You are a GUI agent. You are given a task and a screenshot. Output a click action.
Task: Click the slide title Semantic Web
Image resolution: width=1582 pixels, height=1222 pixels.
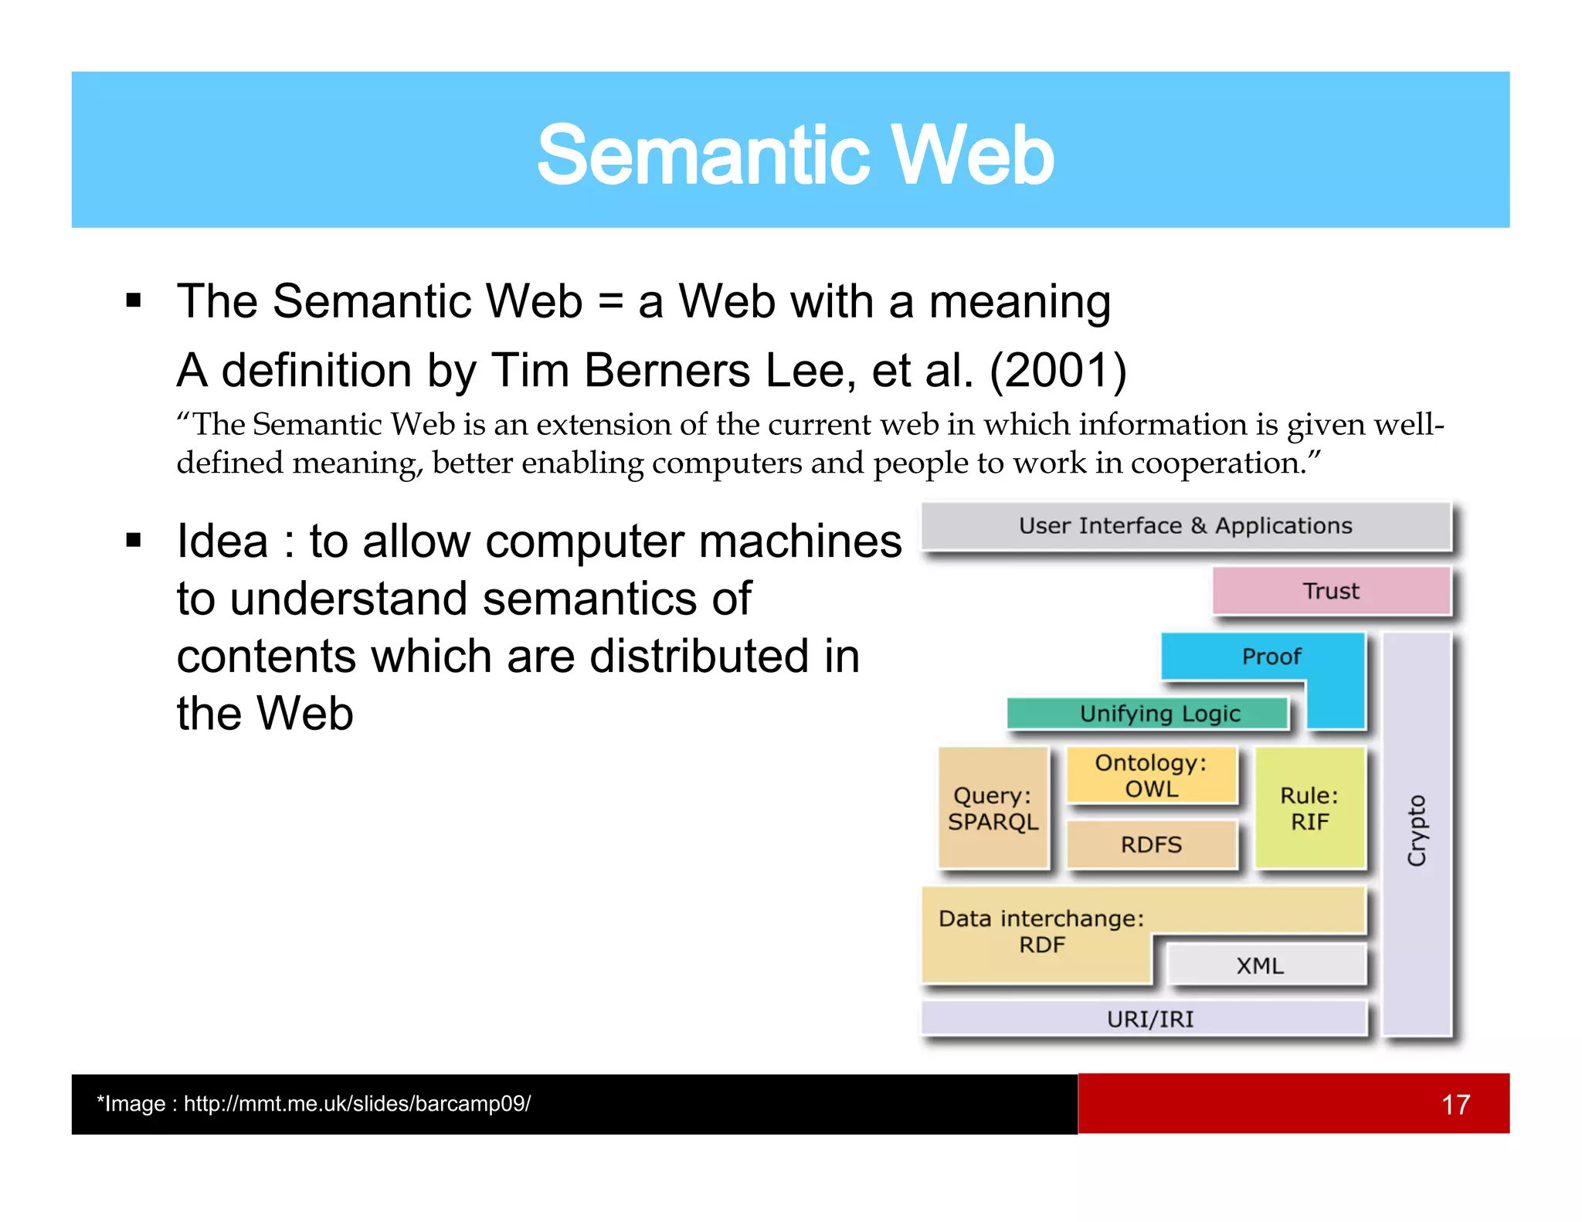pos(795,155)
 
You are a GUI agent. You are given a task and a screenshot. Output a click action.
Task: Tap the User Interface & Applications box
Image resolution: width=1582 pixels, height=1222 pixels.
pos(1186,526)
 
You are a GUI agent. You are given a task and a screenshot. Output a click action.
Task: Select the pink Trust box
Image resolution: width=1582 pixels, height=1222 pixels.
pos(1330,591)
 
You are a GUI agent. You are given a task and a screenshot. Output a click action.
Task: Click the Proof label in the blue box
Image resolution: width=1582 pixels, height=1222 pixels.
pos(1271,657)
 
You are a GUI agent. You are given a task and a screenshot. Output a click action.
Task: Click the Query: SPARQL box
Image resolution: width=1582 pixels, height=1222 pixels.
pos(993,809)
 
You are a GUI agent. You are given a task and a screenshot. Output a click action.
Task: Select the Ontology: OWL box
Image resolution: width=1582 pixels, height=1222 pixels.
pos(1151,776)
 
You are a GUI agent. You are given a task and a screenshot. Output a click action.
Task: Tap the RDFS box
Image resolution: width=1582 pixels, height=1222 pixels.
pos(1151,844)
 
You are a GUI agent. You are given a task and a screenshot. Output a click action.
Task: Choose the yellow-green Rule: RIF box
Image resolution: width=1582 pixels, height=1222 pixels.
pos(1309,809)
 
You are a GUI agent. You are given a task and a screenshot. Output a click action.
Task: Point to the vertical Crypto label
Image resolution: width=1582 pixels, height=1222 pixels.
pos(1417,831)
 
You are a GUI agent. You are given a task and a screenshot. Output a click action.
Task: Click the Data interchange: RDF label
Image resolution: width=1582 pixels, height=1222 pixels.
pos(1041,931)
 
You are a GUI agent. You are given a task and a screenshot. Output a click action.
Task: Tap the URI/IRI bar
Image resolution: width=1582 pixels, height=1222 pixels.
pos(1149,1019)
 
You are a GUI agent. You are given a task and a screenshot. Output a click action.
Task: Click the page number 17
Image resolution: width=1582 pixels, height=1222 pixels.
pos(1455,1104)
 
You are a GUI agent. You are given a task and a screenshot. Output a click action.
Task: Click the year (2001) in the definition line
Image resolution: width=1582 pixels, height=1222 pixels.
pos(1057,370)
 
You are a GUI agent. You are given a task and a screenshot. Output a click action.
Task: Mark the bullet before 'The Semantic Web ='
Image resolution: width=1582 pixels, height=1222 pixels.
pos(134,300)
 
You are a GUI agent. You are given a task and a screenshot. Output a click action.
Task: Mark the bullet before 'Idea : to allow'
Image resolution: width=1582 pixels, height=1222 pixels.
pos(134,541)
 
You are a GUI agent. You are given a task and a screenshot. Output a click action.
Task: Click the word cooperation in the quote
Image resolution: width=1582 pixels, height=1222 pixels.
pos(1217,463)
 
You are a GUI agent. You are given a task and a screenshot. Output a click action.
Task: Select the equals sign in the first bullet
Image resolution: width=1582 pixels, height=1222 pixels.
pos(609,302)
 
